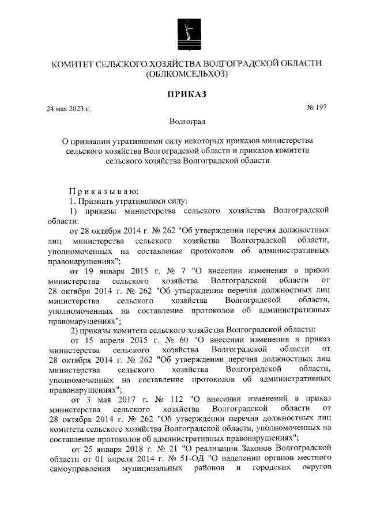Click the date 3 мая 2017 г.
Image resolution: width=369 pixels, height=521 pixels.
pyautogui.click(x=108, y=398)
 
